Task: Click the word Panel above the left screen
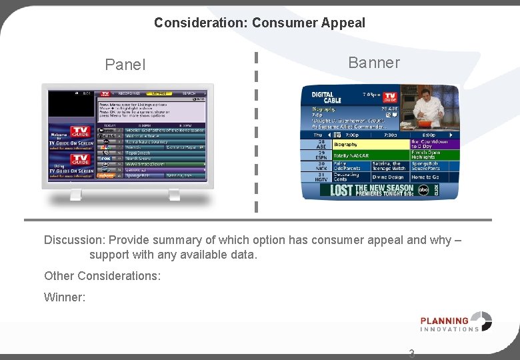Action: click(125, 65)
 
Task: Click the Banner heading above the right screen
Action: click(373, 63)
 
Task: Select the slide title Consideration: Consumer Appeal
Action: click(259, 23)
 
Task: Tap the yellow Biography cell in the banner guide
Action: click(370, 144)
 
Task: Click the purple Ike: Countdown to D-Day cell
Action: click(433, 143)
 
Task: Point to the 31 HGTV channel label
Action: click(321, 177)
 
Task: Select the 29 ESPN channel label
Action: click(321, 155)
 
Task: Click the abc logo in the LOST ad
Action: click(425, 190)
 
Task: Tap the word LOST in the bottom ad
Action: click(341, 191)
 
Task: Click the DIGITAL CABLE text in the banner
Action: click(326, 97)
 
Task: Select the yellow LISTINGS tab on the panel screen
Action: click(159, 94)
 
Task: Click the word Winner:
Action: click(65, 297)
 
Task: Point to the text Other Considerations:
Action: click(102, 275)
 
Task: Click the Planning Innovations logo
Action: click(456, 322)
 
